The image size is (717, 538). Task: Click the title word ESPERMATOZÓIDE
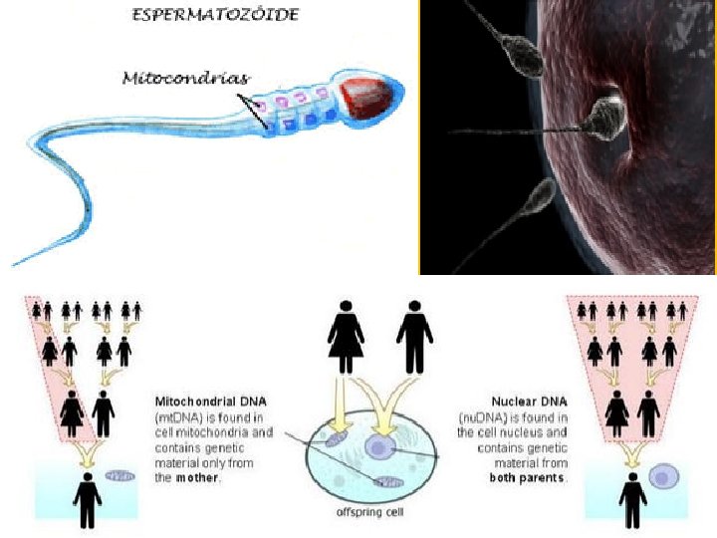pyautogui.click(x=215, y=14)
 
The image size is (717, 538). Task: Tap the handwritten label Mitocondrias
pyautogui.click(x=186, y=79)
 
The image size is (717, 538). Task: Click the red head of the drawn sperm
pyautogui.click(x=367, y=98)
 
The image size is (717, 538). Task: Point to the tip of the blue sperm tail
pyautogui.click(x=13, y=265)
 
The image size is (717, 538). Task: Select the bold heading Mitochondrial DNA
pyautogui.click(x=211, y=402)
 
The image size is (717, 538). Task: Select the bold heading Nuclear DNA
pyautogui.click(x=529, y=402)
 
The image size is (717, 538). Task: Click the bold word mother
pyautogui.click(x=197, y=478)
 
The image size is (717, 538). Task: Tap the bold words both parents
pyautogui.click(x=527, y=478)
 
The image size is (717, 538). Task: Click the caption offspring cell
pyautogui.click(x=369, y=512)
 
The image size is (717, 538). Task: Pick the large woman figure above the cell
pyautogui.click(x=346, y=337)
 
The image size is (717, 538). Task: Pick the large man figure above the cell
pyautogui.click(x=414, y=337)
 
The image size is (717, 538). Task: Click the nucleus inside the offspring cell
pyautogui.click(x=380, y=446)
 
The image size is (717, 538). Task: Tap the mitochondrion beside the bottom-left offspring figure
pyautogui.click(x=120, y=476)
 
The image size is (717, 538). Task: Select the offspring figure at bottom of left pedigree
pyautogui.click(x=88, y=500)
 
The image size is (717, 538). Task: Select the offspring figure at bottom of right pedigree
pyautogui.click(x=632, y=500)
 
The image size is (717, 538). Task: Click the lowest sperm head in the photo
pyautogui.click(x=541, y=196)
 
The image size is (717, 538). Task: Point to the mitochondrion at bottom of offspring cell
pyautogui.click(x=389, y=482)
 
